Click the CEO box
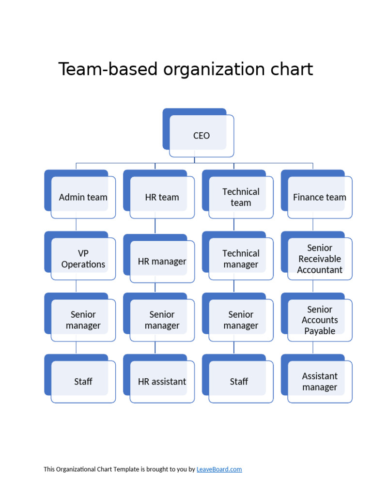click(201, 136)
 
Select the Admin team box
click(83, 197)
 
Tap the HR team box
click(162, 197)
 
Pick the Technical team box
click(241, 197)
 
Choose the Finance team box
click(320, 197)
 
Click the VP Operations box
click(83, 259)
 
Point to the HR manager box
click(162, 262)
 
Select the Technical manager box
click(241, 259)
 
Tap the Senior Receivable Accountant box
click(320, 259)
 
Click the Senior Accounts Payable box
click(320, 320)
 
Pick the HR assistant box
click(162, 382)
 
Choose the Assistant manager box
click(320, 382)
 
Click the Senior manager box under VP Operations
click(83, 320)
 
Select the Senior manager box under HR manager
click(162, 320)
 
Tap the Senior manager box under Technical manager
click(241, 320)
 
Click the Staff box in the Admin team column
click(83, 382)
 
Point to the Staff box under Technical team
click(239, 382)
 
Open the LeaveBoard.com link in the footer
click(219, 469)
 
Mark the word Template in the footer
click(126, 469)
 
